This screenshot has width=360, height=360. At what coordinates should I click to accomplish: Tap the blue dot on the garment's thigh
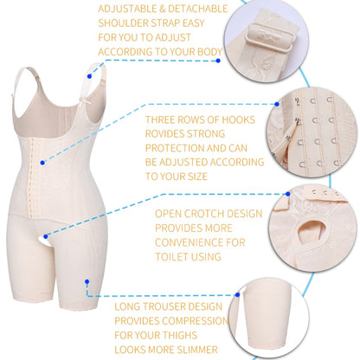tap(87, 283)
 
